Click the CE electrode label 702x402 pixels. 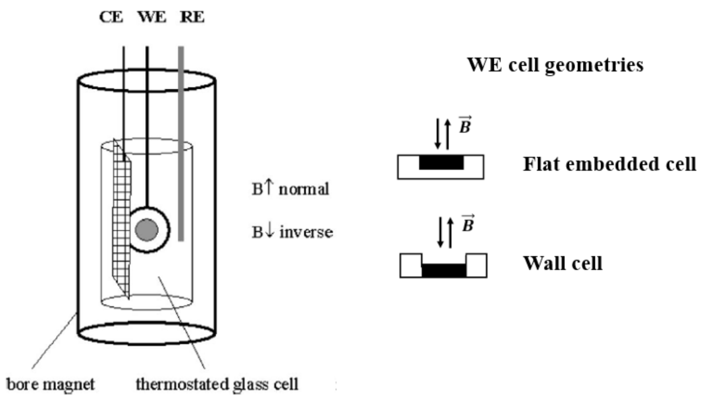click(x=111, y=17)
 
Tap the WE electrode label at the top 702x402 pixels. click(x=152, y=17)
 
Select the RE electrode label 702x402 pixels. click(x=192, y=17)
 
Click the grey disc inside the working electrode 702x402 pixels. click(x=146, y=230)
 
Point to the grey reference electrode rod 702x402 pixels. click(x=181, y=143)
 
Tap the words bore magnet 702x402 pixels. click(x=50, y=384)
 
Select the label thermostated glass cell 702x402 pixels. click(x=217, y=384)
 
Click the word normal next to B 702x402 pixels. click(x=304, y=189)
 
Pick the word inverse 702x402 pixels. click(x=306, y=232)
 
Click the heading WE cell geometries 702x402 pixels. click(x=555, y=65)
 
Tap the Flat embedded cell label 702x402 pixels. click(x=609, y=164)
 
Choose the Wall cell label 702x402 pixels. click(x=563, y=263)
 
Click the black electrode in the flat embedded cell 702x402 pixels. click(x=441, y=163)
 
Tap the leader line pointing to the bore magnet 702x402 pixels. click(x=54, y=342)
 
